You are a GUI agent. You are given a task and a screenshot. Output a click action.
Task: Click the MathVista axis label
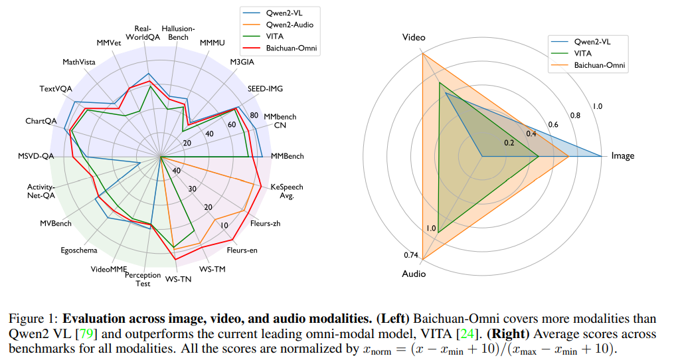(x=79, y=62)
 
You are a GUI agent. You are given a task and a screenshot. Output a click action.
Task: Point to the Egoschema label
(x=78, y=250)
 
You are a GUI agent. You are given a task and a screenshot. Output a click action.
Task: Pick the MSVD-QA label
(x=37, y=157)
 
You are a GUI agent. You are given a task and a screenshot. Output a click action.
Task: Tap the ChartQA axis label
(x=41, y=121)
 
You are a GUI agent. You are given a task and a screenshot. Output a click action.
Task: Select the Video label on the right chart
(x=414, y=38)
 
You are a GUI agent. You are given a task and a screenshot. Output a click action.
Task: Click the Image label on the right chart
(x=622, y=156)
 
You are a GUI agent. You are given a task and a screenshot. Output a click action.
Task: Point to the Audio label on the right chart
(x=414, y=274)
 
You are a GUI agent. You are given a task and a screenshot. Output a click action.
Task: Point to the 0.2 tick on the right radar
(x=509, y=143)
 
